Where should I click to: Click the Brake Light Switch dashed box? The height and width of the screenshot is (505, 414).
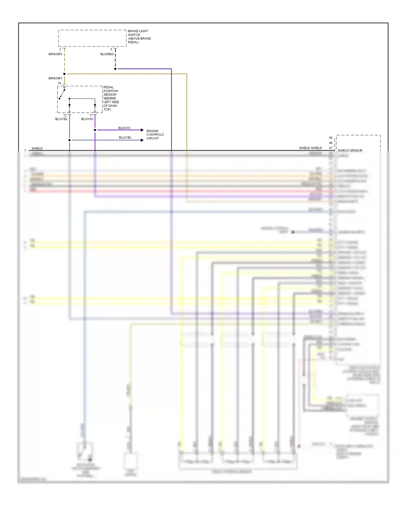pyautogui.click(x=92, y=38)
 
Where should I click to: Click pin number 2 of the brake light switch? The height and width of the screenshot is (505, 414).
pyautogui.click(x=60, y=49)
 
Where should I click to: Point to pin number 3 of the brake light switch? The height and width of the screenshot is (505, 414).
pyautogui.click(x=111, y=49)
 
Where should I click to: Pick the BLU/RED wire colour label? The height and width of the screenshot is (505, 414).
pyautogui.click(x=107, y=54)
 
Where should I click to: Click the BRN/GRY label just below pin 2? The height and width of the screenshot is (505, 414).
pyautogui.click(x=55, y=54)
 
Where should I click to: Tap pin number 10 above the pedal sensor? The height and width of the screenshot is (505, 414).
pyautogui.click(x=59, y=83)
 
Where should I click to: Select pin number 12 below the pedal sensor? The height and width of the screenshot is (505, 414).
pyautogui.click(x=65, y=115)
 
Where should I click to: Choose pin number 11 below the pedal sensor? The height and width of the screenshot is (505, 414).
pyautogui.click(x=91, y=115)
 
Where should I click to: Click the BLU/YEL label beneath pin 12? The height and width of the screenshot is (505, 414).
pyautogui.click(x=61, y=119)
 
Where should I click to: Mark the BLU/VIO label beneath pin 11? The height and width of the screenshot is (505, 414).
pyautogui.click(x=87, y=119)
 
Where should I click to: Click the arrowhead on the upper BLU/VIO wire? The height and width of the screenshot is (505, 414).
pyautogui.click(x=142, y=130)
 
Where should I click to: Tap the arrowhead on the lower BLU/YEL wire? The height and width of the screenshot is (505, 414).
pyautogui.click(x=142, y=140)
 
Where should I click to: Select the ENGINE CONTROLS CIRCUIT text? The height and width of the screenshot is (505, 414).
pyautogui.click(x=155, y=135)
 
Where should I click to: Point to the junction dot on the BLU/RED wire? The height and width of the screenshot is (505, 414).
pyautogui.click(x=115, y=69)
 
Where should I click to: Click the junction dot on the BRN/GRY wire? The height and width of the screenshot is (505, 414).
pyautogui.click(x=64, y=74)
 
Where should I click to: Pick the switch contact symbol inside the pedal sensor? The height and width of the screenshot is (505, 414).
pyautogui.click(x=62, y=93)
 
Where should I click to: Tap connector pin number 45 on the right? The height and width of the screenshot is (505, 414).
pyautogui.click(x=331, y=138)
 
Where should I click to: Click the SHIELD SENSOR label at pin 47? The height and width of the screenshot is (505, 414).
pyautogui.click(x=350, y=150)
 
